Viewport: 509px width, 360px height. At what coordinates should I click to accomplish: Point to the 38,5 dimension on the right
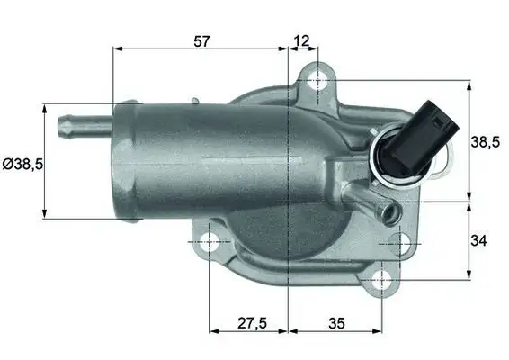487,141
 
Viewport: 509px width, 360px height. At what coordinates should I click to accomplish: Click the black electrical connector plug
433,130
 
